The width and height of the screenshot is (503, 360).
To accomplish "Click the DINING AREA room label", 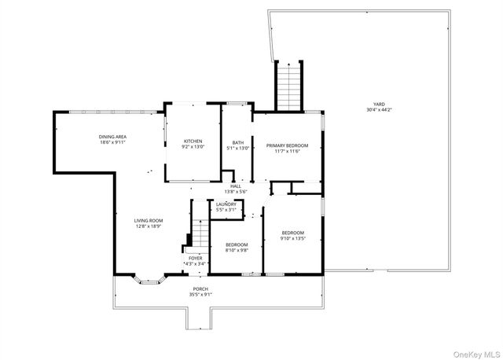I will (113, 137).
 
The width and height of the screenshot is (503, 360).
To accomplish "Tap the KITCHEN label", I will (193, 141).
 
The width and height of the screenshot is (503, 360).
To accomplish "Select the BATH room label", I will (237, 143).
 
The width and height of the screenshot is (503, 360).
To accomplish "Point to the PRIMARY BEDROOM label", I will (287, 145).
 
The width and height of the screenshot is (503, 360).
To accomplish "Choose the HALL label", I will (236, 186).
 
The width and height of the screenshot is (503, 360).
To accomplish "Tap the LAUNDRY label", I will (226, 204).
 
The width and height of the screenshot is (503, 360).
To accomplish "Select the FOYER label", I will (195, 258).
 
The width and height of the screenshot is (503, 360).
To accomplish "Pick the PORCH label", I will (200, 288).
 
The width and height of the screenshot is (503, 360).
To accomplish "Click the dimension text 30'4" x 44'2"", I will (379, 110).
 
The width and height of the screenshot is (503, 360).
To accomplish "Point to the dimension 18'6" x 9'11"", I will (113, 142).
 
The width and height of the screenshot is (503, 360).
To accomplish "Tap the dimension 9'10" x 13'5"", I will (293, 238).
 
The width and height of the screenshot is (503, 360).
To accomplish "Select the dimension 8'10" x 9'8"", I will (237, 250).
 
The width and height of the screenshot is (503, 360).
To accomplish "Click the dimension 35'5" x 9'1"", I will (200, 294).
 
